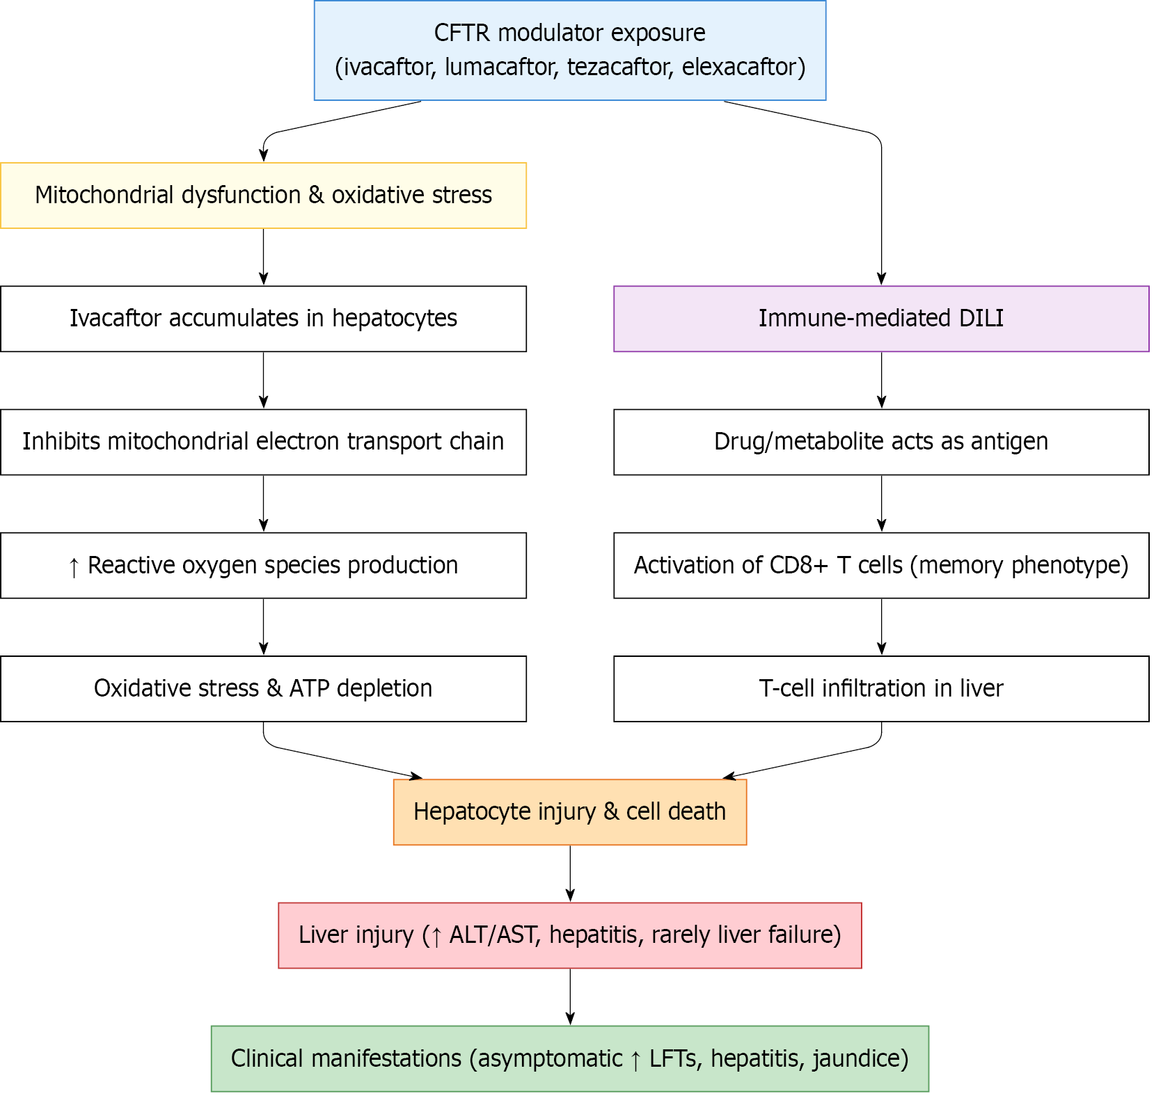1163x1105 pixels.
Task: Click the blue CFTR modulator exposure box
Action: (x=569, y=50)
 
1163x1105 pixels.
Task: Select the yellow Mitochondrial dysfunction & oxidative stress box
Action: (x=263, y=196)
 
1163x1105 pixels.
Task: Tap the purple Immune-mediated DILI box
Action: (x=880, y=319)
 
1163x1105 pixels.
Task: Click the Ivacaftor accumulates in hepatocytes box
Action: (x=263, y=319)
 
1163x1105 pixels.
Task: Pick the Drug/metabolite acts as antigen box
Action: (x=880, y=442)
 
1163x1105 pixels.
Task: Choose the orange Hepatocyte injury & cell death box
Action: (x=569, y=812)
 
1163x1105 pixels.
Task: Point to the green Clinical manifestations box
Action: (x=569, y=1058)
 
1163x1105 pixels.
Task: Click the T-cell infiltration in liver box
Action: (x=880, y=689)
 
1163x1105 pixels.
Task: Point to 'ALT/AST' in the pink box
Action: (x=493, y=935)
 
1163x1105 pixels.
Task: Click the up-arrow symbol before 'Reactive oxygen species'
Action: (x=74, y=566)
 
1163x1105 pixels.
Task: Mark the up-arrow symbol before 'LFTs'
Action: (x=635, y=1060)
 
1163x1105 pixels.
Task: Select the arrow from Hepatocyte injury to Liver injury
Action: (x=570, y=873)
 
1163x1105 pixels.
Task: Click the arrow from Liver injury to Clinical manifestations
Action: (x=570, y=996)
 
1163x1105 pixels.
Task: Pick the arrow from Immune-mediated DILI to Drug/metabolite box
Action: (x=881, y=380)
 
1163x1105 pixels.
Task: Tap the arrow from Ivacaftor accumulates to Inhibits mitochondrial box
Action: (x=263, y=380)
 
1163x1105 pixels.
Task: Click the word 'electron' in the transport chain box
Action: (x=298, y=442)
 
